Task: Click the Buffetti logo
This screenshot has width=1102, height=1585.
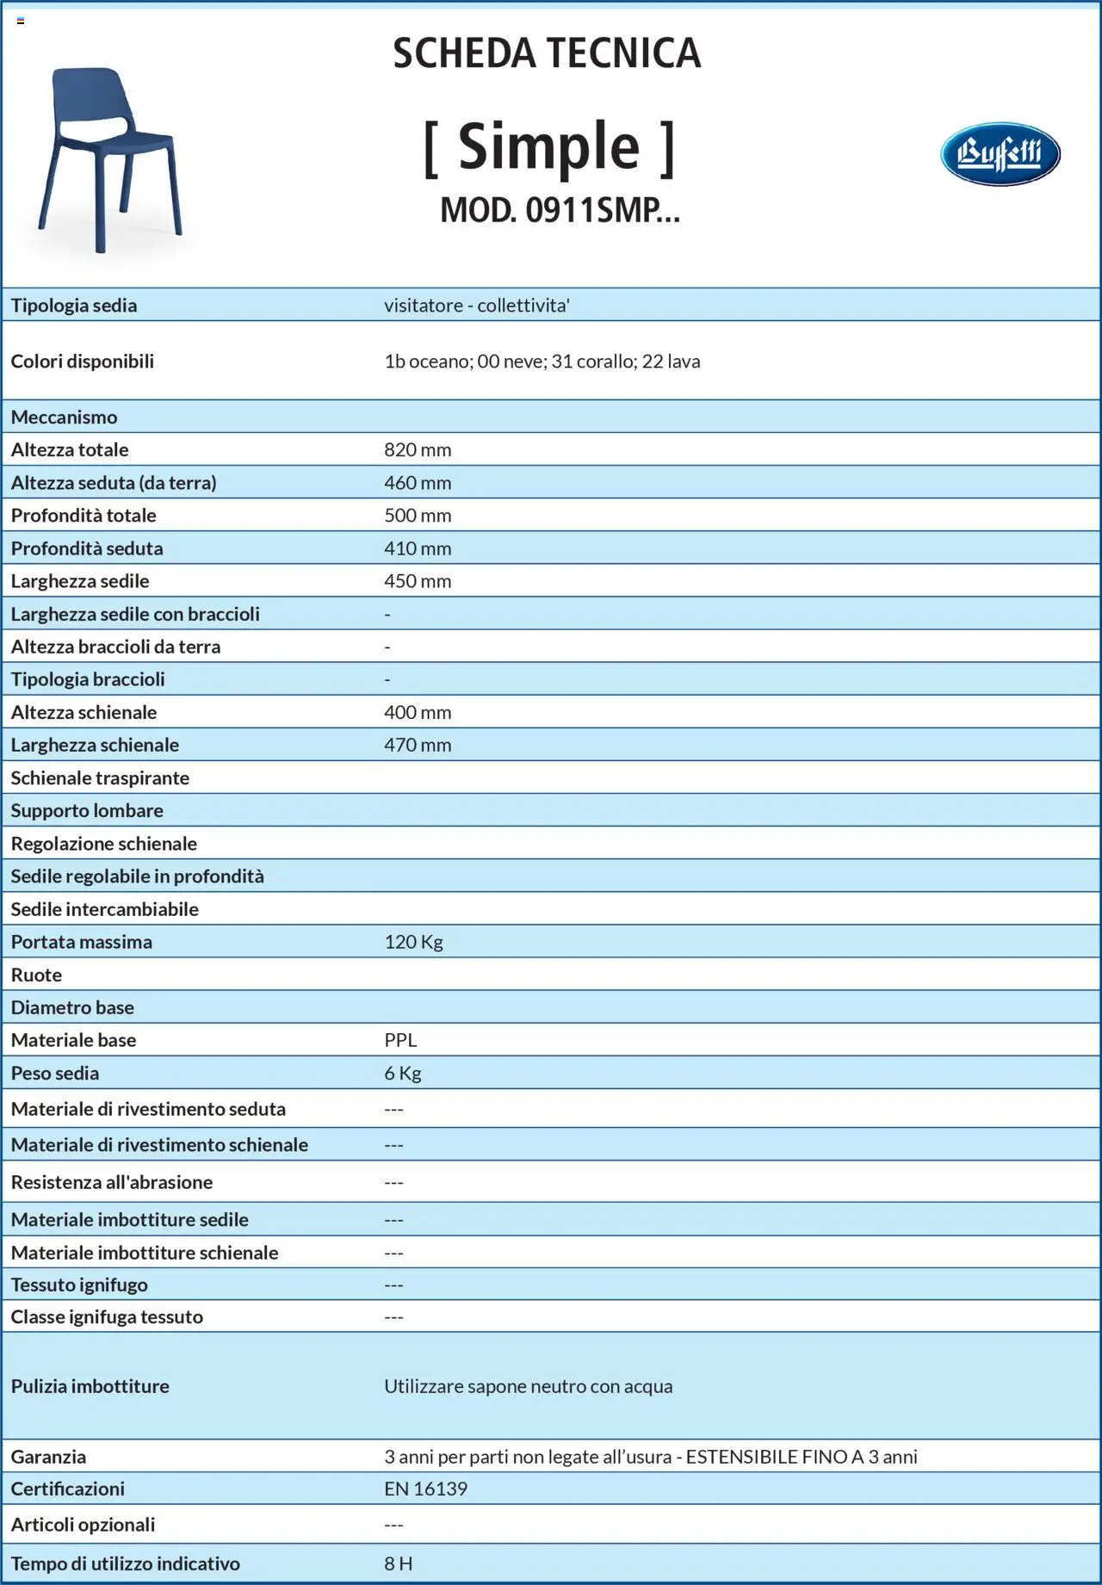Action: tap(1000, 154)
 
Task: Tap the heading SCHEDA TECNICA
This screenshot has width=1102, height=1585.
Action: tap(547, 53)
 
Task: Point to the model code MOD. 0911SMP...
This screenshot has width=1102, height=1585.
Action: tap(560, 210)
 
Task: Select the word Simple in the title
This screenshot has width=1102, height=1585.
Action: tap(548, 146)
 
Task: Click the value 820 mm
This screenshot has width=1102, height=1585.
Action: tap(418, 449)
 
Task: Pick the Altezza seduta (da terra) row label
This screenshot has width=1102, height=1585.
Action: tap(114, 482)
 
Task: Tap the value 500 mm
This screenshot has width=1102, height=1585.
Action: tap(418, 515)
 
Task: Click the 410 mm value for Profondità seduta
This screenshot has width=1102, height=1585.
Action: tap(418, 548)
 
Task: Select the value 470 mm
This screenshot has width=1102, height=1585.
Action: tap(418, 745)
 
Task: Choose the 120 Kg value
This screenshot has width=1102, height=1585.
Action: tap(413, 942)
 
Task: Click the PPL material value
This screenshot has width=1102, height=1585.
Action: tap(400, 1040)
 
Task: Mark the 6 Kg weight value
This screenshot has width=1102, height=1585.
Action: tap(403, 1073)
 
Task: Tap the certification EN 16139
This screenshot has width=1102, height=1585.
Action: tap(425, 1489)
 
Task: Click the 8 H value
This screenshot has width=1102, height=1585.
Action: tap(398, 1563)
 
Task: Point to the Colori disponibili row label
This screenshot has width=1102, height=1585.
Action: tap(83, 361)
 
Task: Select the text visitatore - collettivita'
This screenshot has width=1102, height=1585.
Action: tap(477, 306)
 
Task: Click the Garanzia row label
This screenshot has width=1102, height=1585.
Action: tap(48, 1457)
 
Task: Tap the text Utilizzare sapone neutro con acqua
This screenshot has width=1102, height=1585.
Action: tap(528, 1386)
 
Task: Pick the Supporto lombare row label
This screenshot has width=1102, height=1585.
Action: tap(87, 810)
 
